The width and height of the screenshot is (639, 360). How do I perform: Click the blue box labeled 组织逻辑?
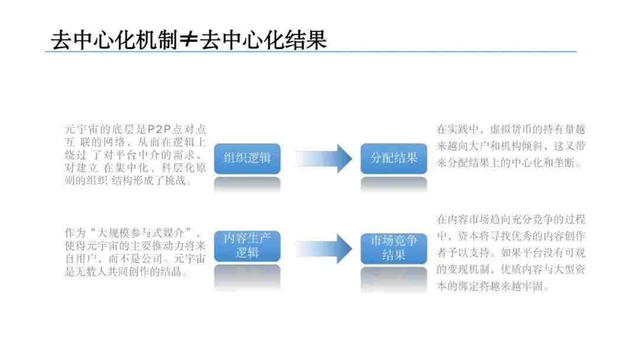(x=247, y=159)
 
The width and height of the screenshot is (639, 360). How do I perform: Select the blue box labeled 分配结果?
(x=393, y=159)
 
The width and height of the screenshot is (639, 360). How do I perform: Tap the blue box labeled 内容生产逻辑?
(x=247, y=246)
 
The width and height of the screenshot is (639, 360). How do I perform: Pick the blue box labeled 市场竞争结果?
(x=393, y=248)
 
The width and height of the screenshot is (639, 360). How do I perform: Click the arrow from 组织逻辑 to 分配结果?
(x=324, y=159)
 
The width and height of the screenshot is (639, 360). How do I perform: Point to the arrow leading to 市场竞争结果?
(x=324, y=248)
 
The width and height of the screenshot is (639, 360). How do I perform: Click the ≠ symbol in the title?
(x=188, y=40)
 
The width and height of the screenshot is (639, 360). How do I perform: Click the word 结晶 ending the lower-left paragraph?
(x=171, y=272)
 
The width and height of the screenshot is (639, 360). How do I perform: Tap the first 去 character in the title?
(x=61, y=40)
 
